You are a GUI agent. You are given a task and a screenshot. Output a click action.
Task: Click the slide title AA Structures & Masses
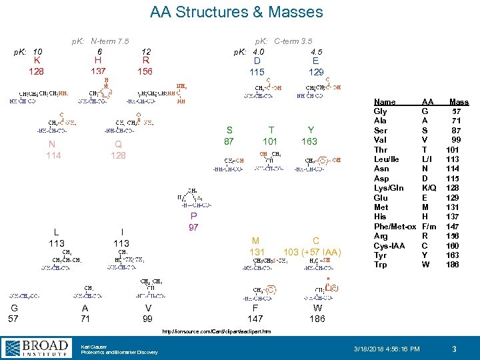tap(236, 12)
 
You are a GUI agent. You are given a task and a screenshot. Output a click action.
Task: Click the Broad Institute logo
tap(37, 348)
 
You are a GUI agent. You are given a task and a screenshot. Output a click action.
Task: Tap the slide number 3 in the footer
tap(453, 349)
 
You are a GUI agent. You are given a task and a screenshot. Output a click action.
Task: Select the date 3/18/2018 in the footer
tap(371, 349)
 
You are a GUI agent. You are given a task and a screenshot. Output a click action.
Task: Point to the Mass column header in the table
tap(459, 102)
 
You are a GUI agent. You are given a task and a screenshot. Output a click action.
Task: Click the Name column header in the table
tap(384, 102)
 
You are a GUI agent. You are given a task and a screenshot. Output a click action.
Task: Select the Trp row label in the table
tap(380, 265)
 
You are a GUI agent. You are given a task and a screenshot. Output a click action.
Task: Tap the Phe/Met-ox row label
tap(395, 227)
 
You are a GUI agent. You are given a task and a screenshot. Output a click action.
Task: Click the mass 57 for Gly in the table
tap(457, 111)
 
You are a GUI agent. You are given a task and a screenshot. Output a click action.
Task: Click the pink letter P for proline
tap(193, 217)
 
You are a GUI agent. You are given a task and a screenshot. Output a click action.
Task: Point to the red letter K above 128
tap(36, 61)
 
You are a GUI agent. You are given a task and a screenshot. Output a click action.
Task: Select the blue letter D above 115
tap(257, 61)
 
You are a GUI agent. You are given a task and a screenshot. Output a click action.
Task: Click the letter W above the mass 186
tap(317, 308)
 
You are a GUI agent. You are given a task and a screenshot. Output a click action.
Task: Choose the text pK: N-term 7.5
tap(101, 41)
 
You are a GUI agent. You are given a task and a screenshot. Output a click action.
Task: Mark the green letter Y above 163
tap(311, 130)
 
